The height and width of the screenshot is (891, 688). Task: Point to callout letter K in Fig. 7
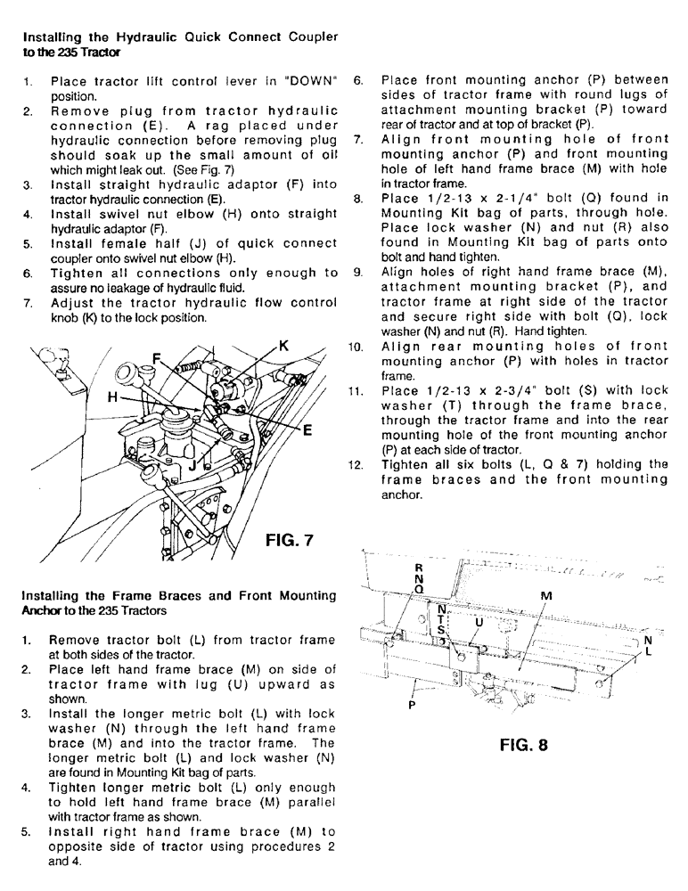click(x=284, y=345)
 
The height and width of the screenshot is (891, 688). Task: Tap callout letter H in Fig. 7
click(x=112, y=398)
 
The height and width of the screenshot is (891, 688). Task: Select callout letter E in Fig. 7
click(x=307, y=429)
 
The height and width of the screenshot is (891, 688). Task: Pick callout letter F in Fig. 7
click(x=157, y=358)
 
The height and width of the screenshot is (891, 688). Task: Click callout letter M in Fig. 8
click(x=546, y=594)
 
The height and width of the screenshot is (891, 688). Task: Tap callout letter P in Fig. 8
click(x=411, y=703)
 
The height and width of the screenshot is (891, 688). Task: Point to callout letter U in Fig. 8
click(x=478, y=620)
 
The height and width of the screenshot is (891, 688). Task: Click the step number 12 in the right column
click(x=359, y=464)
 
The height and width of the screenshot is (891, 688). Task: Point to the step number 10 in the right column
click(x=359, y=347)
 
